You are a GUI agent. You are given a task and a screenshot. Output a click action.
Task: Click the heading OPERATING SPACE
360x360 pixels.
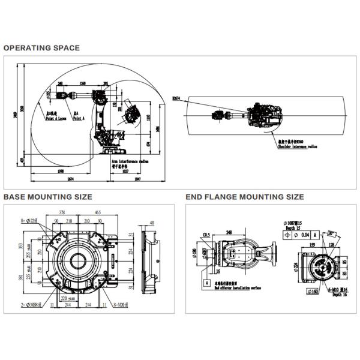point(41,48)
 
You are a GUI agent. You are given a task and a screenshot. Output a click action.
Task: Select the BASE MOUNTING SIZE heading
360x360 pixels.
point(48,197)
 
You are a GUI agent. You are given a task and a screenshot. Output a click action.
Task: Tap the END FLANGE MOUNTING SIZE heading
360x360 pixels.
point(245,197)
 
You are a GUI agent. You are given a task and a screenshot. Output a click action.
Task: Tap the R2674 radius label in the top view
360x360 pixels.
point(176,97)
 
